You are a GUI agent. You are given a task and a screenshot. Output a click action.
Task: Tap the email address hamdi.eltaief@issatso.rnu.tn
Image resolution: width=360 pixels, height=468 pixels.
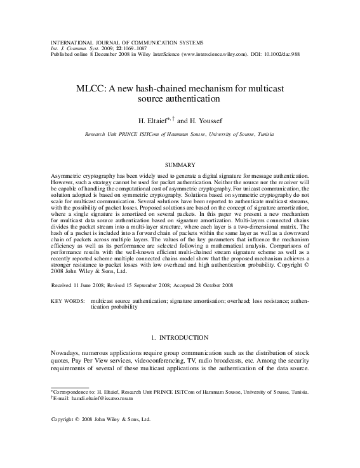click(95, 399)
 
